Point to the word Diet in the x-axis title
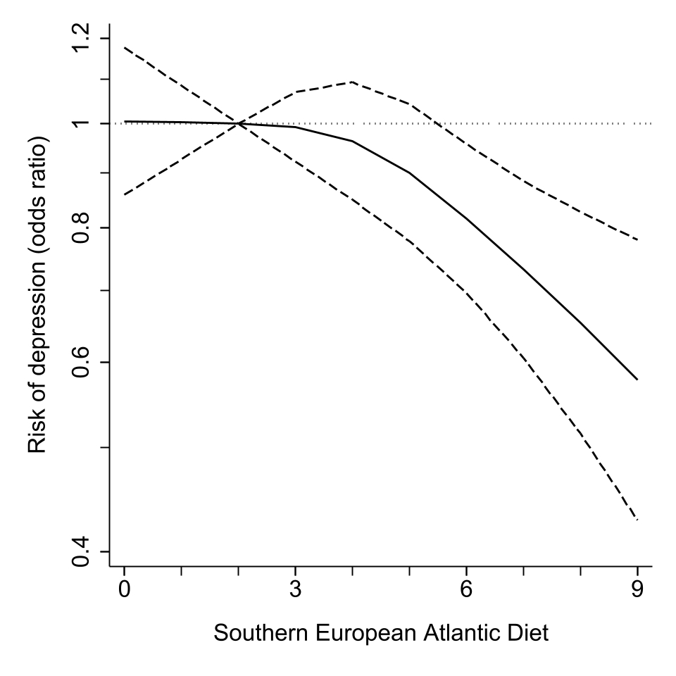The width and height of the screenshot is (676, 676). [x=528, y=633]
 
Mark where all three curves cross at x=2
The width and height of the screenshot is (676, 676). [x=239, y=124]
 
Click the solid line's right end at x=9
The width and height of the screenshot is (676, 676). [x=637, y=380]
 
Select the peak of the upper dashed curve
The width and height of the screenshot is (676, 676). [x=352, y=82]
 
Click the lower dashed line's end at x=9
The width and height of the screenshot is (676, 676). [x=637, y=520]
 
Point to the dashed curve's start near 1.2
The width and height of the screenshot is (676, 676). [x=125, y=47]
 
